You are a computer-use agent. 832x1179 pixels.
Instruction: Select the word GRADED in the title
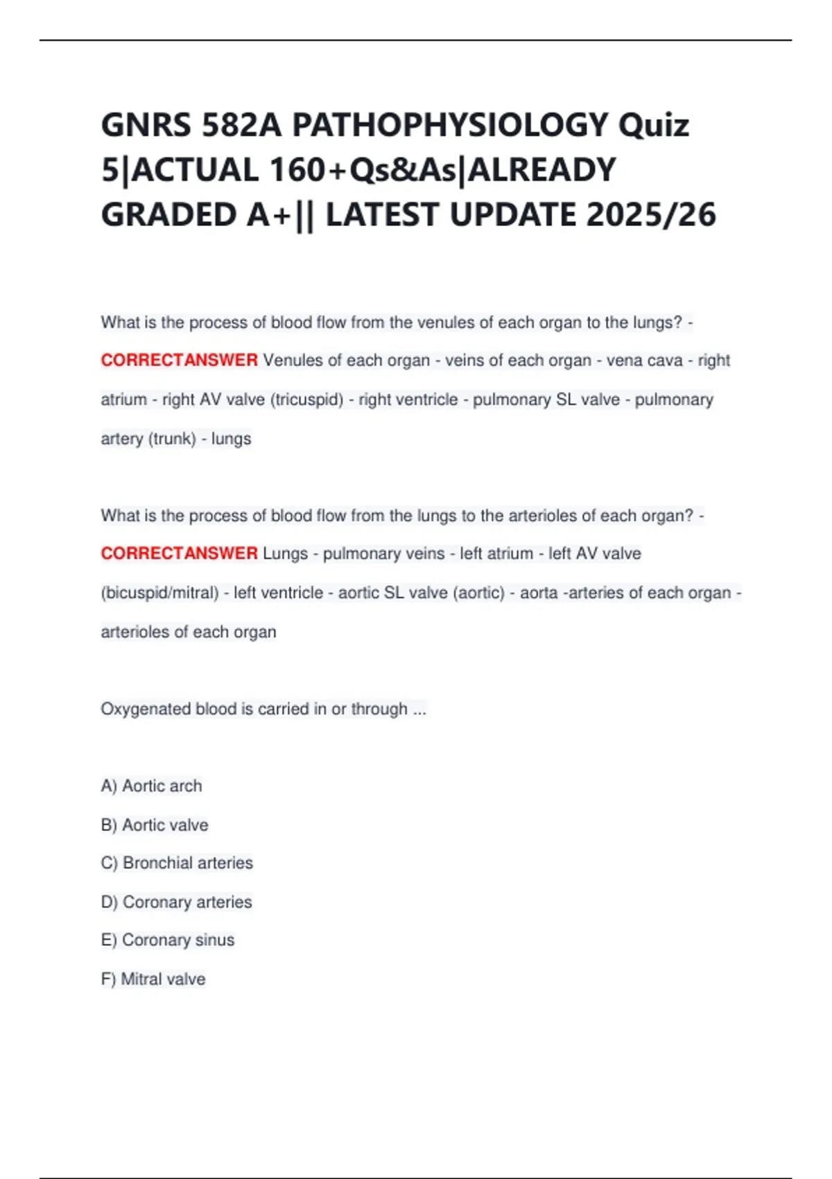pyautogui.click(x=168, y=214)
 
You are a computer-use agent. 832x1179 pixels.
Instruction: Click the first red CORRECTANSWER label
pyautogui.click(x=179, y=361)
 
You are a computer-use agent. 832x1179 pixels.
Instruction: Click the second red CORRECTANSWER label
pyautogui.click(x=179, y=553)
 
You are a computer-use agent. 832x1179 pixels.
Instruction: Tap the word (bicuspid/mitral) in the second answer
pyautogui.click(x=159, y=593)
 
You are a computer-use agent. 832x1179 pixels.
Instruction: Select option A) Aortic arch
pyautogui.click(x=152, y=786)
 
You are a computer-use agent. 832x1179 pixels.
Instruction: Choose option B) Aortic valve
pyautogui.click(x=155, y=825)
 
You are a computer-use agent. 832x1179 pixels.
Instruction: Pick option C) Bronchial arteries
pyautogui.click(x=177, y=863)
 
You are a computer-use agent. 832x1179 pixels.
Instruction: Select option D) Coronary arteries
pyautogui.click(x=176, y=902)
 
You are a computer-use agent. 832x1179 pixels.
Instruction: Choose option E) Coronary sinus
pyautogui.click(x=168, y=940)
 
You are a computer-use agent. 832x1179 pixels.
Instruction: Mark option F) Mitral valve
pyautogui.click(x=153, y=979)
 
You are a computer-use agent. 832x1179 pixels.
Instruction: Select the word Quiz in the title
pyautogui.click(x=653, y=126)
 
